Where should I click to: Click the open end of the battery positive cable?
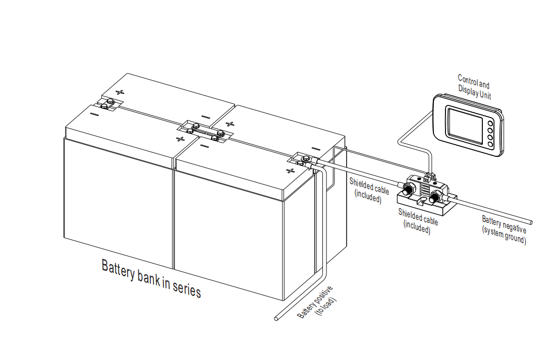click(x=275, y=319)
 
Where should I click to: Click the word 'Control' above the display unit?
click(x=467, y=80)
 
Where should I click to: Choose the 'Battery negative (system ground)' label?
click(x=504, y=229)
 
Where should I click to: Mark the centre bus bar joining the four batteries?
click(x=204, y=131)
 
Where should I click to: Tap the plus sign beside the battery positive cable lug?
click(x=290, y=170)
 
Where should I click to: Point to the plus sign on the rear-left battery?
click(x=120, y=92)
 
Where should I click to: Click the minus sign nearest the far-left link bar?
click(x=94, y=114)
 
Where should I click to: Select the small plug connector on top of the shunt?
click(x=429, y=176)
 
